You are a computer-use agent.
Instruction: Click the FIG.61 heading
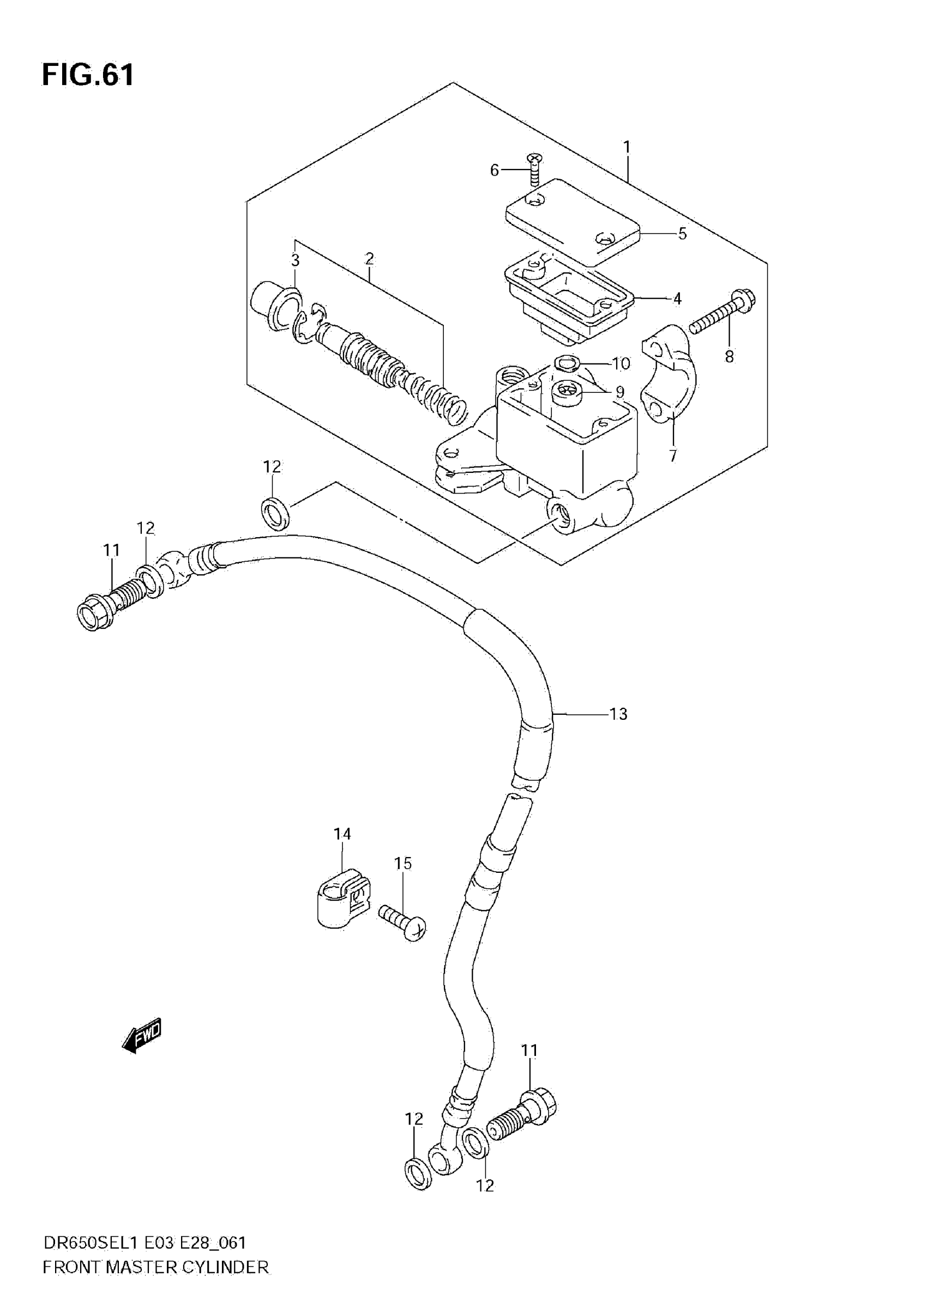click(x=88, y=75)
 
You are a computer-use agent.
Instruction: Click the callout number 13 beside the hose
click(x=618, y=714)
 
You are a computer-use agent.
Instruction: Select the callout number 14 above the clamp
click(x=342, y=834)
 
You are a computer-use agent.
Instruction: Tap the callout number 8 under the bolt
click(x=729, y=357)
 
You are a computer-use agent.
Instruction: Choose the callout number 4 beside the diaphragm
click(x=677, y=298)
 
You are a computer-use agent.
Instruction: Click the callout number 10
click(x=621, y=363)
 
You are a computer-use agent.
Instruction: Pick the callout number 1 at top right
click(x=627, y=148)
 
